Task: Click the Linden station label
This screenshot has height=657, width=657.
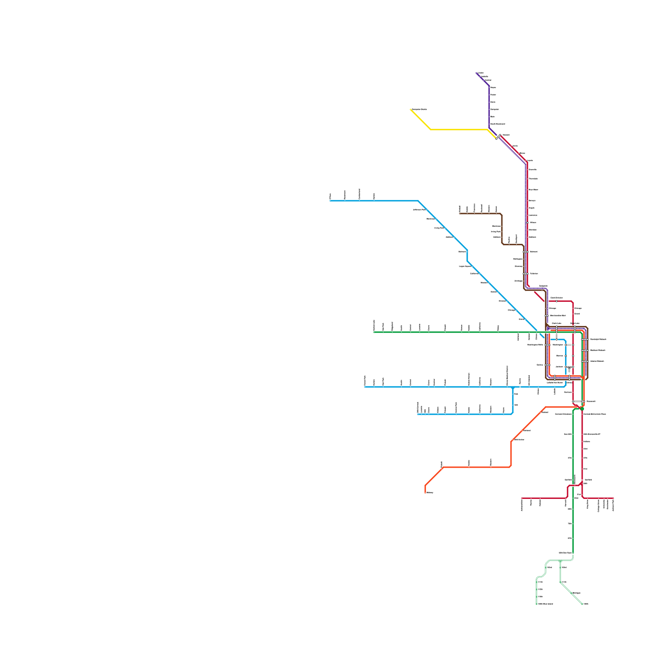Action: tap(481, 73)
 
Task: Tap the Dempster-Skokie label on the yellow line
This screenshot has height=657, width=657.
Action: tap(420, 109)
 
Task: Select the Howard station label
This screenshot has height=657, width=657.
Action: tap(506, 135)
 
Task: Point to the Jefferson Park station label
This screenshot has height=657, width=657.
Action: tap(419, 209)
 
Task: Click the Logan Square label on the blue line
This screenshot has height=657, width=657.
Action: tap(465, 266)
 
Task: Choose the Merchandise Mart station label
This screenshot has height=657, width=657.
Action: tap(558, 315)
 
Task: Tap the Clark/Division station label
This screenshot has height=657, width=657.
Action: tap(556, 298)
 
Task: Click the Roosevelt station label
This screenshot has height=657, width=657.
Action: tap(591, 401)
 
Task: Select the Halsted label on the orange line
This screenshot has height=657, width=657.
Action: tap(545, 412)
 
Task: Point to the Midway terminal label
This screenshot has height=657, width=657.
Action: tap(430, 492)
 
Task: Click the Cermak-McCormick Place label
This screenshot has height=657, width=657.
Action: tap(595, 414)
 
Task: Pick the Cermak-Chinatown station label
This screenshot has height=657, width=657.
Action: tap(563, 414)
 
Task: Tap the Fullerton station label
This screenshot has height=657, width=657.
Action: tap(534, 273)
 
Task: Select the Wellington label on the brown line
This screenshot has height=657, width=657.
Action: tap(518, 259)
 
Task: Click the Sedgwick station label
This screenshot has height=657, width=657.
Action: tap(543, 286)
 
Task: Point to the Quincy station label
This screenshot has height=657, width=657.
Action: tap(540, 365)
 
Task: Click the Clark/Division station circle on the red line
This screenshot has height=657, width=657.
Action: tap(557, 301)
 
